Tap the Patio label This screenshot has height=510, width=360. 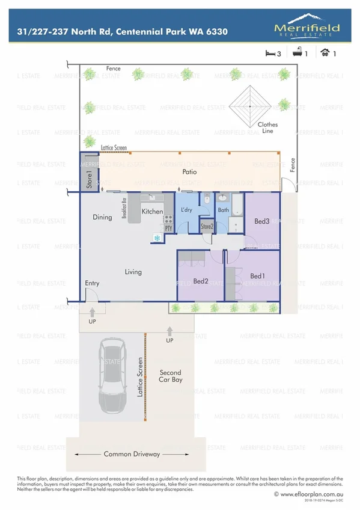click(191, 172)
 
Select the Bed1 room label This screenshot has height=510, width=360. click(257, 276)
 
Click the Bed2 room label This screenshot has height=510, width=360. click(200, 281)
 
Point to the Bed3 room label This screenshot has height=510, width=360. click(261, 222)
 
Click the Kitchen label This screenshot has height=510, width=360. click(152, 212)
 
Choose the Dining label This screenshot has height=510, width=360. click(102, 217)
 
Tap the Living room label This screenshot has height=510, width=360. click(133, 272)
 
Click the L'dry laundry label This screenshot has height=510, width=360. click(187, 210)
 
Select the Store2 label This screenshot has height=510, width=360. click(207, 227)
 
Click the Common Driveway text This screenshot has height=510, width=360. click(132, 454)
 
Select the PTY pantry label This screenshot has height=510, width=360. click(168, 228)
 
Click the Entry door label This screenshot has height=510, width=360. click(92, 283)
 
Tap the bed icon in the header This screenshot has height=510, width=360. click(269, 54)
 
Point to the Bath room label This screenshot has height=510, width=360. click(224, 210)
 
